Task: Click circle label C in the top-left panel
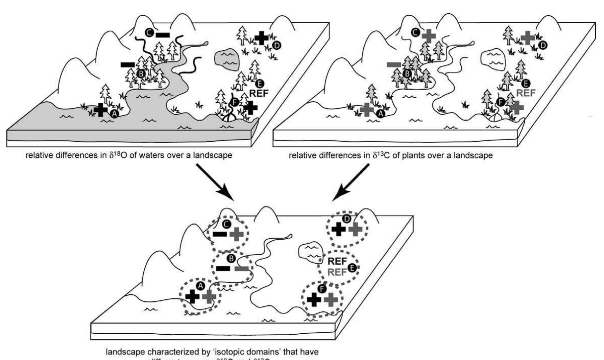pyautogui.click(x=148, y=33)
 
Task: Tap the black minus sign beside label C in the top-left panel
pyautogui.click(x=163, y=34)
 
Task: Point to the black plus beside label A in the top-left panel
pyautogui.click(x=100, y=110)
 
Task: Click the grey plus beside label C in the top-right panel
pyautogui.click(x=429, y=35)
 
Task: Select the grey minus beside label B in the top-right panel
pyautogui.click(x=394, y=64)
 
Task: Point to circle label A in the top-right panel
pyautogui.click(x=381, y=114)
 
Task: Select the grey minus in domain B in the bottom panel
pyautogui.click(x=241, y=269)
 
